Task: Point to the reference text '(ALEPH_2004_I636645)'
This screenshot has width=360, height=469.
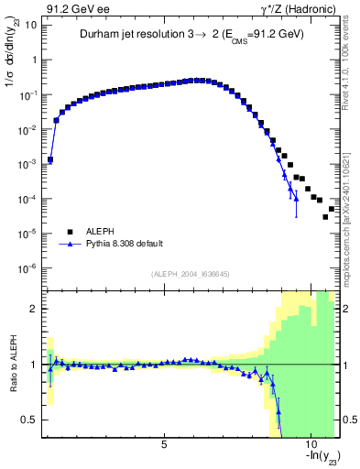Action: click(191, 275)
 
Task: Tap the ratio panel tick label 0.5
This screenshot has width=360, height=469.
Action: click(30, 420)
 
